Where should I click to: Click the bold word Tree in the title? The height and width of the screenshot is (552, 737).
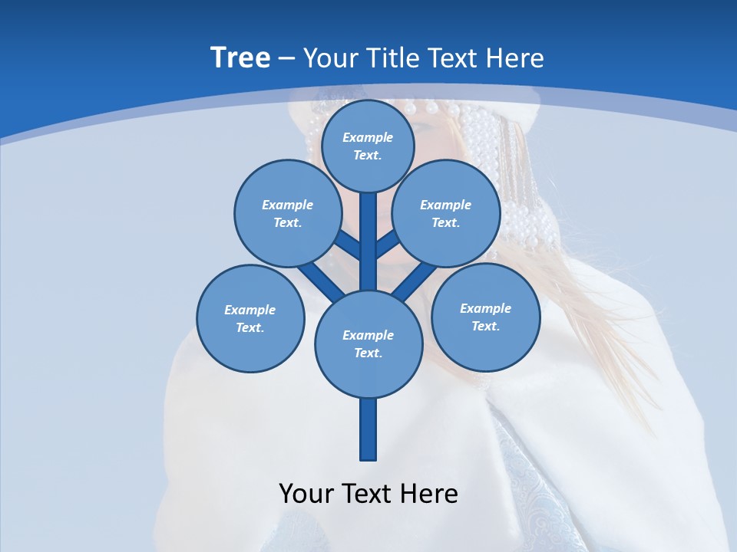pyautogui.click(x=240, y=58)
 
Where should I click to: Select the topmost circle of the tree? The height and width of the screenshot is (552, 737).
pyautogui.click(x=368, y=146)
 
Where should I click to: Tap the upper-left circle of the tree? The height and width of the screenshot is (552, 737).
pyautogui.click(x=287, y=213)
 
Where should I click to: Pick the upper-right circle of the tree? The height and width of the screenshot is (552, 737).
pyautogui.click(x=445, y=213)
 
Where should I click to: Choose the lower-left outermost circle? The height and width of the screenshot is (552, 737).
pyautogui.click(x=250, y=318)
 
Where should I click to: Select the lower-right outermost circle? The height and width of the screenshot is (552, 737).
pyautogui.click(x=485, y=317)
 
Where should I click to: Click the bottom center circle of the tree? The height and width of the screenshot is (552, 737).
pyautogui.click(x=368, y=343)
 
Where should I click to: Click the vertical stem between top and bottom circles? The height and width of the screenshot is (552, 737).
pyautogui.click(x=368, y=242)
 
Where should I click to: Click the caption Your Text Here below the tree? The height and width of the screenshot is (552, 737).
pyautogui.click(x=368, y=494)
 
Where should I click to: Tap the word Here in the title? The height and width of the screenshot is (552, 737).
pyautogui.click(x=515, y=58)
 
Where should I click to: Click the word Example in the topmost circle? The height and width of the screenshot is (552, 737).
pyautogui.click(x=368, y=137)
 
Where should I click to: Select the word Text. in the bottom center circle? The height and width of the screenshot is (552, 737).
pyautogui.click(x=368, y=353)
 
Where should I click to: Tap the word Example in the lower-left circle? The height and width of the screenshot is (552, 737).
pyautogui.click(x=250, y=310)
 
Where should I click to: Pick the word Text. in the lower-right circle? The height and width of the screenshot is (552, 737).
pyautogui.click(x=485, y=326)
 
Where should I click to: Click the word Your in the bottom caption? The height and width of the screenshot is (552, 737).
pyautogui.click(x=306, y=494)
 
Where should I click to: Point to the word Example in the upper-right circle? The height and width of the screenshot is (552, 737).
pyautogui.click(x=445, y=205)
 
